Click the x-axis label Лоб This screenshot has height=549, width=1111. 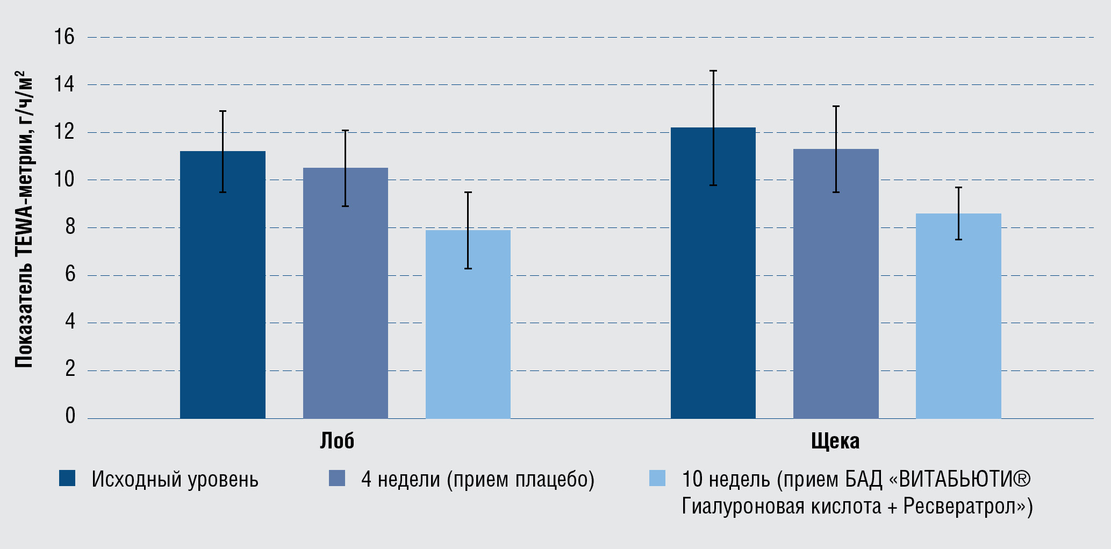click(x=337, y=441)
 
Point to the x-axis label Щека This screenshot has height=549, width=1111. click(x=835, y=441)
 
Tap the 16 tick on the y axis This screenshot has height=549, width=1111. click(x=64, y=37)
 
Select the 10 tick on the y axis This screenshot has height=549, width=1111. click(x=64, y=180)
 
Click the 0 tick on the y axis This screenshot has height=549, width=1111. click(x=70, y=416)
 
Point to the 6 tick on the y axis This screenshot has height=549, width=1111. click(x=70, y=275)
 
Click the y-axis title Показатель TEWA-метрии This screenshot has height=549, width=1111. click(x=24, y=220)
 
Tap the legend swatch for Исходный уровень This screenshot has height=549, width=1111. click(x=67, y=478)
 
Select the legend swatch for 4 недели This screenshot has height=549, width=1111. click(x=337, y=478)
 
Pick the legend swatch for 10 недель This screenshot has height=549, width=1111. click(x=657, y=478)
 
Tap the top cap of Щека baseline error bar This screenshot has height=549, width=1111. click(x=713, y=71)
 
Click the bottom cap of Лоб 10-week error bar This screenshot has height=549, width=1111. click(x=468, y=268)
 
